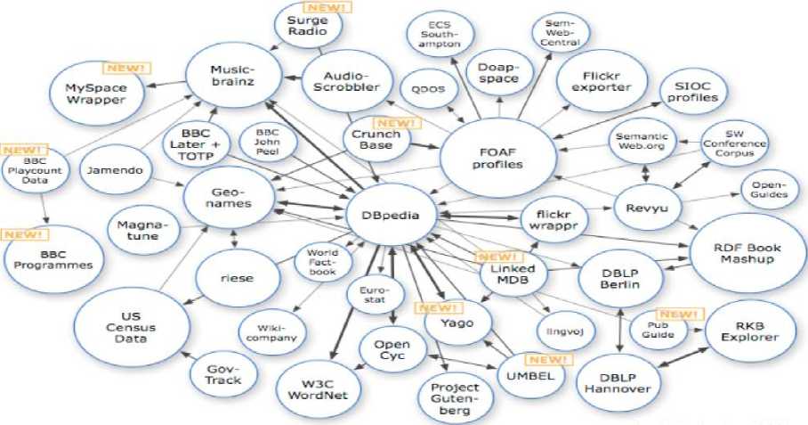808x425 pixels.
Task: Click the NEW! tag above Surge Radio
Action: tap(329, 7)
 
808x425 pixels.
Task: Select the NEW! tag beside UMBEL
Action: tap(548, 360)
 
